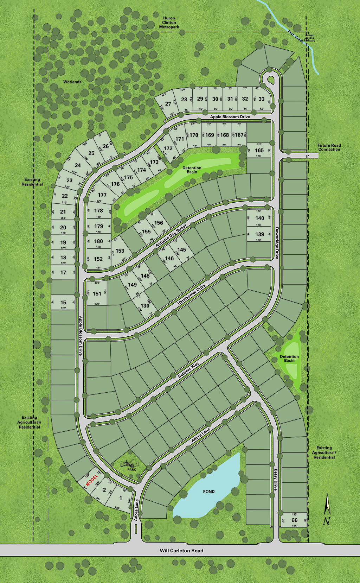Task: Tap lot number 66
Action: [x=295, y=520]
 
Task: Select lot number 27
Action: [x=168, y=104]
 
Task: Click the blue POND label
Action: [x=209, y=492]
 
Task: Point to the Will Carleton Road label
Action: [x=181, y=551]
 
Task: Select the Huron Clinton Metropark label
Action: [x=169, y=23]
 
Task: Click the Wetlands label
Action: [x=72, y=82]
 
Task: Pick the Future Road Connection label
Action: [x=329, y=147]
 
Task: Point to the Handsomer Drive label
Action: [x=191, y=295]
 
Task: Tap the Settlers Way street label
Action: [x=188, y=370]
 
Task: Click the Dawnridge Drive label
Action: [x=277, y=243]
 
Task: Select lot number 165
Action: [x=259, y=150]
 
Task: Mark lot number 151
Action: [x=97, y=293]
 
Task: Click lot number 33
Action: [x=262, y=99]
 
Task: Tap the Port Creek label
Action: [x=295, y=36]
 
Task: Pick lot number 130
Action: [x=145, y=306]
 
